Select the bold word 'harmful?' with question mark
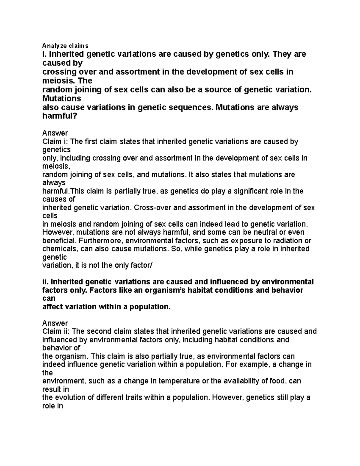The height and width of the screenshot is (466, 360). [x=60, y=116]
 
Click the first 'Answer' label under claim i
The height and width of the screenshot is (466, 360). [x=55, y=133]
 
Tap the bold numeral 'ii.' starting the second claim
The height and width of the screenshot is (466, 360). [x=46, y=282]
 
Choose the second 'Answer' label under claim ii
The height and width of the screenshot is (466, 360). [x=55, y=323]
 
